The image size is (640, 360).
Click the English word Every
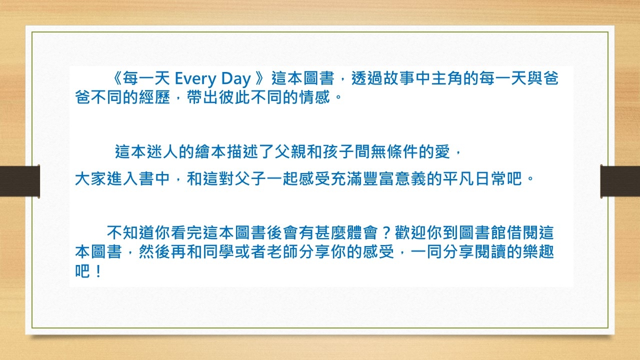point(195,79)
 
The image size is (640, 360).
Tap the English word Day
point(236,79)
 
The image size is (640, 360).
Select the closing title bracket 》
point(260,78)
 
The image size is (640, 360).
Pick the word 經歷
point(155,97)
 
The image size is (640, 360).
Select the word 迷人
point(163,151)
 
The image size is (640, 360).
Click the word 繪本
point(211,151)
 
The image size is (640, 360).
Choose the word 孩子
point(338,151)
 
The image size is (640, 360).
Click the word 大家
point(91,179)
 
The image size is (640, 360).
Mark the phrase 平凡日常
point(482,179)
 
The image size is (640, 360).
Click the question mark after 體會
point(386,232)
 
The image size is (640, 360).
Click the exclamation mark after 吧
point(98,271)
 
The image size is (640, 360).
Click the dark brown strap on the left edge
point(19,181)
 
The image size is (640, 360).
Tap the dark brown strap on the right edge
point(620,181)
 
